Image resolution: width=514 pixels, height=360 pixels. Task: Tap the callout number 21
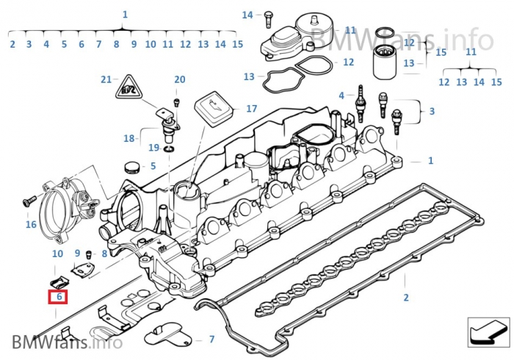pyautogui.click(x=106, y=79)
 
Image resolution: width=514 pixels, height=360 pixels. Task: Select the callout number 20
pyautogui.click(x=180, y=79)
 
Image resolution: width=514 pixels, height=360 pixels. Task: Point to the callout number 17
pyautogui.click(x=252, y=109)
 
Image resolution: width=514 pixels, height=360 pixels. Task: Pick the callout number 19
pyautogui.click(x=154, y=148)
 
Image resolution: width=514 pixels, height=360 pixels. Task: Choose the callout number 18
pyautogui.click(x=129, y=138)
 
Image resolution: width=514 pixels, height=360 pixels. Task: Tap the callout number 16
pyautogui.click(x=31, y=224)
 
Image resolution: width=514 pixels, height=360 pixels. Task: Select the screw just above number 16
pyautogui.click(x=27, y=200)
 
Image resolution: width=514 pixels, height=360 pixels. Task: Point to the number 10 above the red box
pyautogui.click(x=57, y=253)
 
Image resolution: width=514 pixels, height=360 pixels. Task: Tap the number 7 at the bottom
pyautogui.click(x=211, y=339)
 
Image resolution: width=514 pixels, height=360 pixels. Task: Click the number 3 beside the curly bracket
pyautogui.click(x=432, y=111)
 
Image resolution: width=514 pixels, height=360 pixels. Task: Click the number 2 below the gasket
pyautogui.click(x=405, y=298)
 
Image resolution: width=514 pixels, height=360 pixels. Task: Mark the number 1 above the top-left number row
pyautogui.click(x=125, y=14)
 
